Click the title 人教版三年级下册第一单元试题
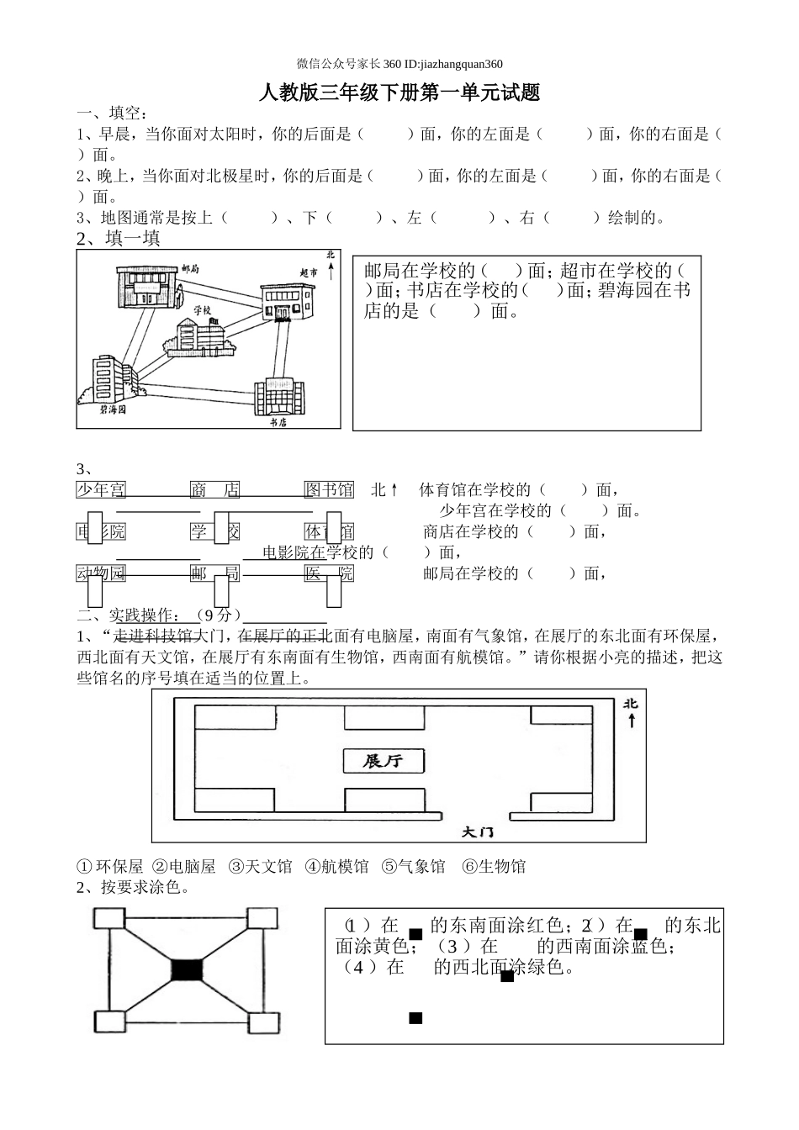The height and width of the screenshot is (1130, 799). pos(399,93)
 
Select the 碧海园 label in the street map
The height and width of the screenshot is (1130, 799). pos(111,410)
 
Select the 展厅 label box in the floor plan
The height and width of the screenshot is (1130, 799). pos(383,761)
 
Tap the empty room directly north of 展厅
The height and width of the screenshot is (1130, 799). pos(383,717)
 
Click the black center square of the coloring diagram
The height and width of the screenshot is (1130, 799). pos(187,969)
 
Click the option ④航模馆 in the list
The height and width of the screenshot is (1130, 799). pos(336,867)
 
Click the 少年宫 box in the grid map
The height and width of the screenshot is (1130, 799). pos(101,489)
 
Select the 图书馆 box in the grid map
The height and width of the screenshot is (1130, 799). pos(329,489)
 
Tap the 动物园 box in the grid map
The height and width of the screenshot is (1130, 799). pos(101,573)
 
